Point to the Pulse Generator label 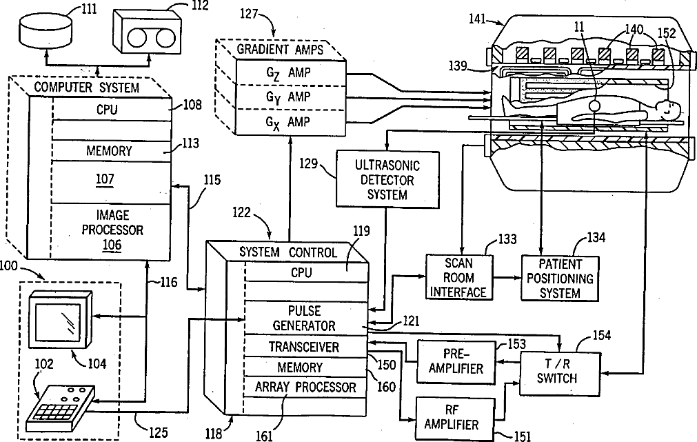(303, 318)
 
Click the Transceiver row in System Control (303, 347)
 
